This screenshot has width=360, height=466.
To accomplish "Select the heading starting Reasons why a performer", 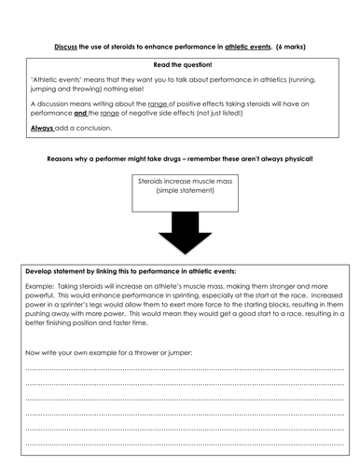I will tap(180, 159).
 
